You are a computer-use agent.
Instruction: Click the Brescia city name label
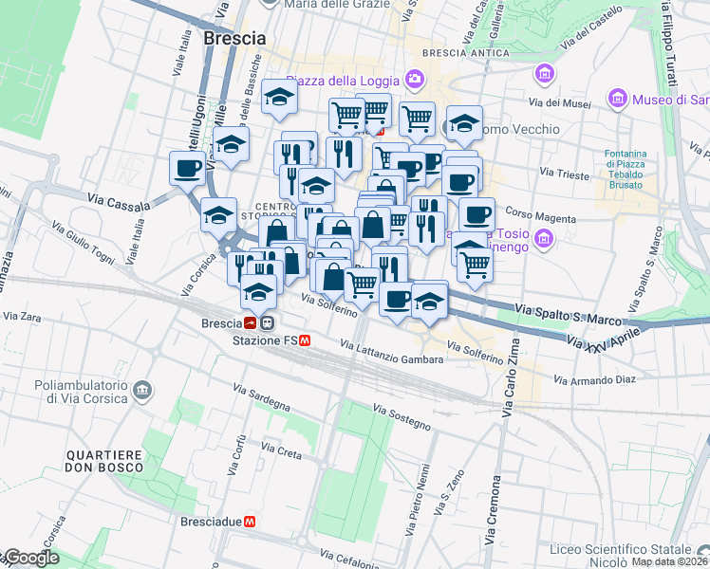[234, 39]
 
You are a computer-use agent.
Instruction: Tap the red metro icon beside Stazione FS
[304, 340]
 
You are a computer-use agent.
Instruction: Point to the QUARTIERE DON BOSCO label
[103, 462]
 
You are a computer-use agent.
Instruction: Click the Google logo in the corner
[30, 558]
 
